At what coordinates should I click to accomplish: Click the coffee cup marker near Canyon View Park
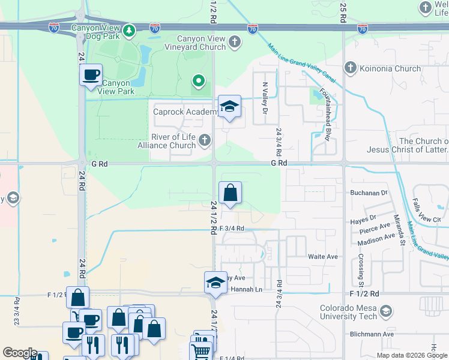pyautogui.click(x=91, y=75)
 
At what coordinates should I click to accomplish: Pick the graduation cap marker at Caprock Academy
pyautogui.click(x=229, y=107)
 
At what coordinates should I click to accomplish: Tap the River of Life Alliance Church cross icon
pyautogui.click(x=205, y=140)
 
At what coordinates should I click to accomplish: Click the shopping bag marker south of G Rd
pyautogui.click(x=230, y=193)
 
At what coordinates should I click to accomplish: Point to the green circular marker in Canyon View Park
pyautogui.click(x=198, y=80)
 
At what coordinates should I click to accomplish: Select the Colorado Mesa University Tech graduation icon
pyautogui.click(x=386, y=311)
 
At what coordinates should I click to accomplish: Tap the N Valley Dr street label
pyautogui.click(x=264, y=97)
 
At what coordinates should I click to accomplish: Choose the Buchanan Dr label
pyautogui.click(x=369, y=193)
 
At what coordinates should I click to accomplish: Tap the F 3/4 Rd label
pyautogui.click(x=232, y=229)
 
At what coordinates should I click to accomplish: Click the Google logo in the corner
pyautogui.click(x=19, y=353)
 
